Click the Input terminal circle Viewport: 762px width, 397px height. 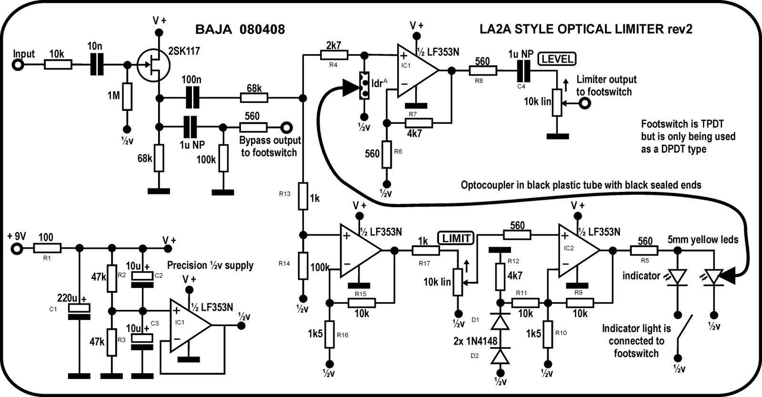(18, 65)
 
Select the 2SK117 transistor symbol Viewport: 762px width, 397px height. (152, 65)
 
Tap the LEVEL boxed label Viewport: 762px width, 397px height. (557, 59)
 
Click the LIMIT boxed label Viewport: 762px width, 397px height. (456, 238)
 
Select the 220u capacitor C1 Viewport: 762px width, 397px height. (79, 309)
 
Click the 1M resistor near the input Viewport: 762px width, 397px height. (127, 97)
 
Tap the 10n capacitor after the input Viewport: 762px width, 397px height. (97, 65)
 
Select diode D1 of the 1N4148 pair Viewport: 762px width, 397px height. (500, 323)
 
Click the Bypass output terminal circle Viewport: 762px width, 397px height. (286, 127)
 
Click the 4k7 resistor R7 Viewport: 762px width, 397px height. (419, 123)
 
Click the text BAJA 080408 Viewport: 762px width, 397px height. (240, 30)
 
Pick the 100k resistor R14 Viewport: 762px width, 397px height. (303, 267)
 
